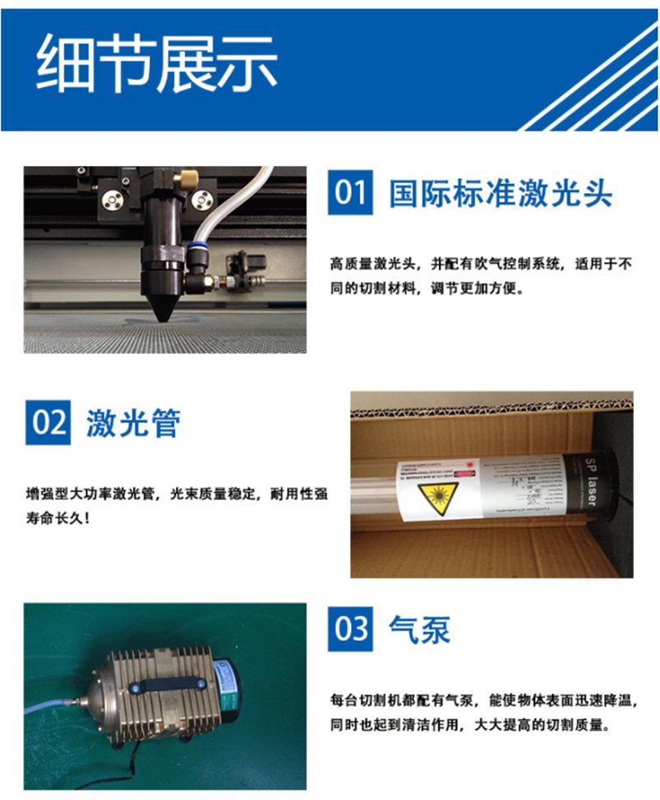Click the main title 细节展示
(156, 64)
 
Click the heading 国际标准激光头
(501, 193)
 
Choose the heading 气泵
(420, 629)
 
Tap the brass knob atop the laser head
(190, 176)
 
